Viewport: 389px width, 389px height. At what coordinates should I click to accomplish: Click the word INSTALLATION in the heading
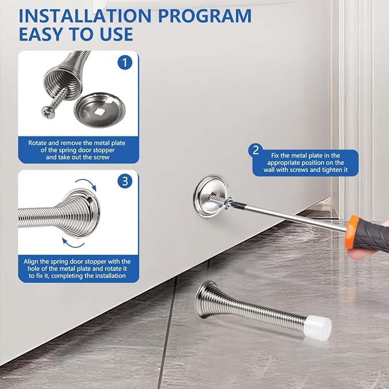pyautogui.click(x=85, y=16)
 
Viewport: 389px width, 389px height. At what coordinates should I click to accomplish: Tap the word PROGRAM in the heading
pyautogui.click(x=205, y=16)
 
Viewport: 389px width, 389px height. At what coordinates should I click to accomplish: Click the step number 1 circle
pyautogui.click(x=125, y=62)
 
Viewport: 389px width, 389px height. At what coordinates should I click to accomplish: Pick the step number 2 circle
pyautogui.click(x=256, y=150)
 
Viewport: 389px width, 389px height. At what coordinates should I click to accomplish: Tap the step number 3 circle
pyautogui.click(x=125, y=181)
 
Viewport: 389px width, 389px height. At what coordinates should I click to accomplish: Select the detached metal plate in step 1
pyautogui.click(x=100, y=109)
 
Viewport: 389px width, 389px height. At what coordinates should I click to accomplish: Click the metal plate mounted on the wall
pyautogui.click(x=210, y=196)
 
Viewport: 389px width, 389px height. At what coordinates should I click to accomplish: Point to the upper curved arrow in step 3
pyautogui.click(x=86, y=184)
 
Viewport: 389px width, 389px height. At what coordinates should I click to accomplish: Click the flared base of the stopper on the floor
pyautogui.click(x=206, y=300)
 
